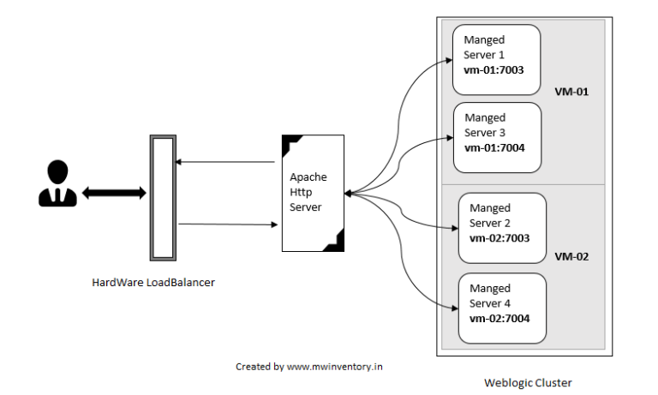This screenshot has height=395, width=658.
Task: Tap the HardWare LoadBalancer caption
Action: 153,282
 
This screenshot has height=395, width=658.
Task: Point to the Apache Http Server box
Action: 314,193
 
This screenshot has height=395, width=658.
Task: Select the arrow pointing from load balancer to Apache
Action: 227,224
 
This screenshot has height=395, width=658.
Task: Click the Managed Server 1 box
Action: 497,59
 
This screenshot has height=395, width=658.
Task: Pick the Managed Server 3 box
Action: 497,137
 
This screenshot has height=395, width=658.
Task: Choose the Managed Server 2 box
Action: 502,227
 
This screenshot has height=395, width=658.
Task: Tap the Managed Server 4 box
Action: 502,308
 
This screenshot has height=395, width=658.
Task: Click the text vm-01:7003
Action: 494,70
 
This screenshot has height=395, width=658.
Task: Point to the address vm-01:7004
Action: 494,148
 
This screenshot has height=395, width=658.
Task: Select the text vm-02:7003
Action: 499,239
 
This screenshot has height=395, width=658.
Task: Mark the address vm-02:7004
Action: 499,319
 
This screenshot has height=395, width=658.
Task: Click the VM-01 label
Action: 571,91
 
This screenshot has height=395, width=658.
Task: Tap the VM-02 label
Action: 571,256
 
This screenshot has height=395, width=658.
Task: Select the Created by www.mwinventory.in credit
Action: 309,366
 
